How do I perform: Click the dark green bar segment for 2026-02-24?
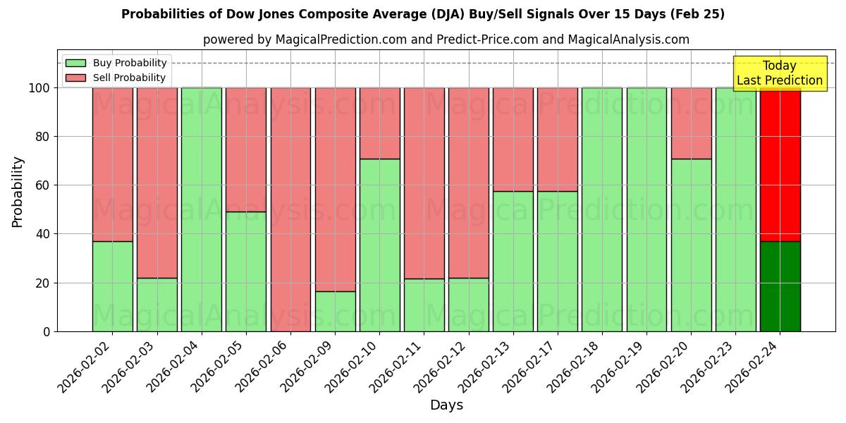[780, 286]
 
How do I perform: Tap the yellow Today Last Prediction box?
[779, 73]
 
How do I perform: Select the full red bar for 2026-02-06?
[290, 209]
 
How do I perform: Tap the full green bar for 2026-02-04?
[202, 209]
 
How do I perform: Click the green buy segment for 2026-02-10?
[379, 245]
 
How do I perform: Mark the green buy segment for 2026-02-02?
[112, 286]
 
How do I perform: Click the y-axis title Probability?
[18, 191]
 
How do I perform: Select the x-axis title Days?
[446, 405]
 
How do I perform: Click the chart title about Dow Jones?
[423, 14]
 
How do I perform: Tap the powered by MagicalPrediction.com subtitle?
[446, 39]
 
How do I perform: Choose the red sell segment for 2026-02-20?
[691, 123]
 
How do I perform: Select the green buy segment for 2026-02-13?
[513, 261]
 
